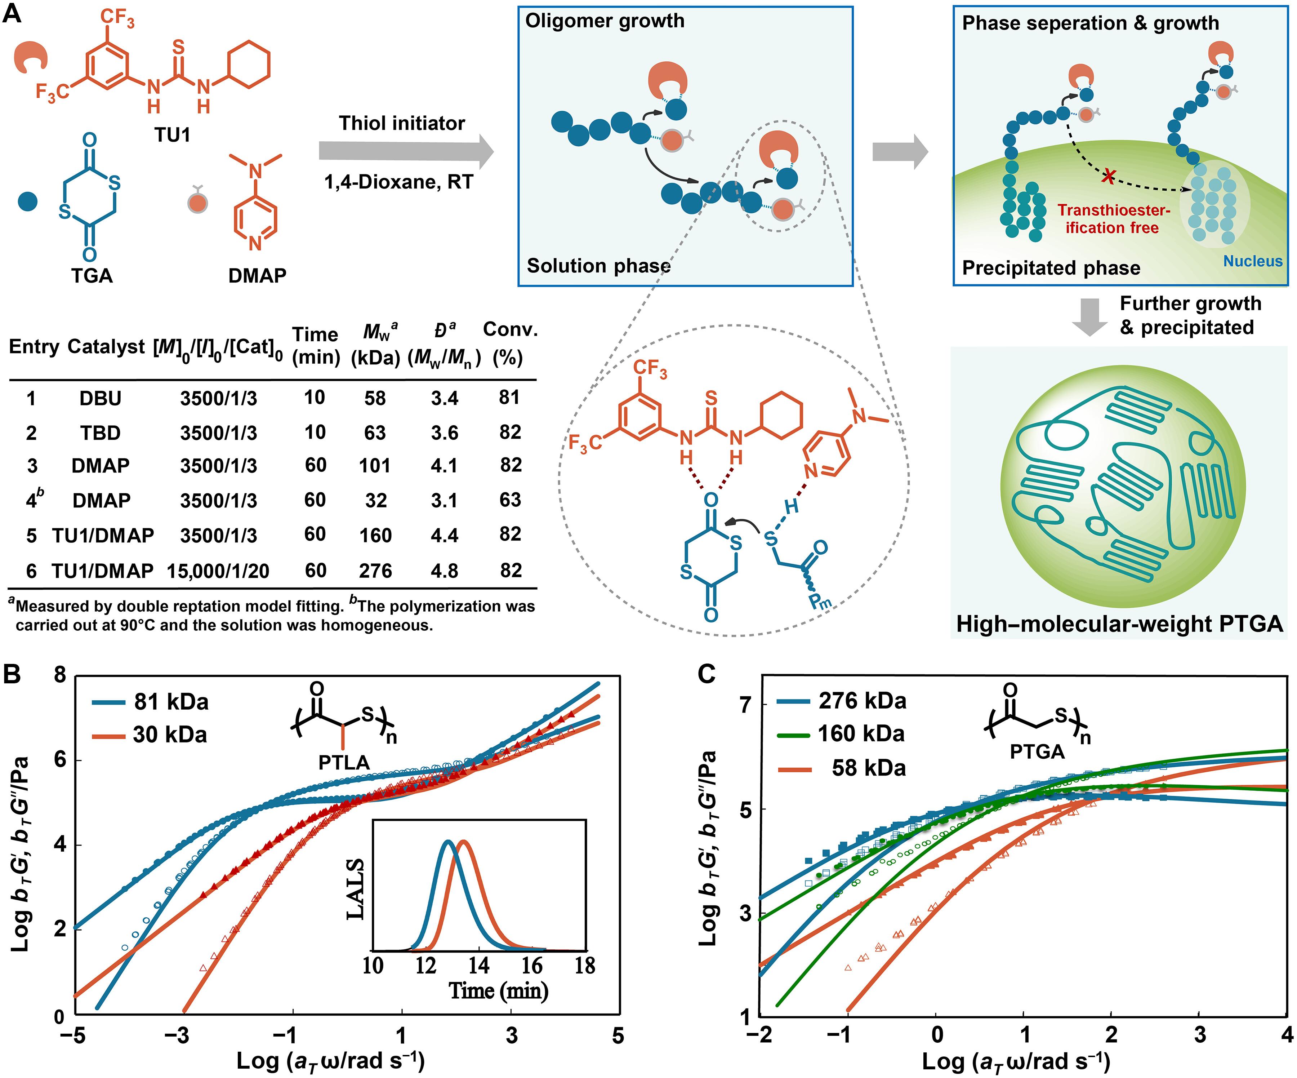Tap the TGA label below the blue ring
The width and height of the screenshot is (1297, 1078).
click(x=92, y=275)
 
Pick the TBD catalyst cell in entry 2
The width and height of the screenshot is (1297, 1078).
click(x=100, y=432)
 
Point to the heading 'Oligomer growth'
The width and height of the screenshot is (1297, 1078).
click(x=605, y=21)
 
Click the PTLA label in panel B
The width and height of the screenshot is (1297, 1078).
click(x=344, y=763)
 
